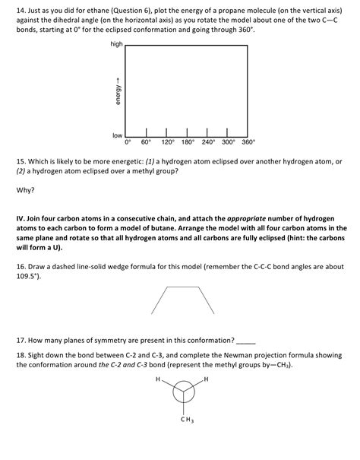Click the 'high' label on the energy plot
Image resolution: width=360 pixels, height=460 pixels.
click(116, 45)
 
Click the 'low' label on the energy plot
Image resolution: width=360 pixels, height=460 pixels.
click(118, 135)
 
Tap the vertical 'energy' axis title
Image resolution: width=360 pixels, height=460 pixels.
click(117, 91)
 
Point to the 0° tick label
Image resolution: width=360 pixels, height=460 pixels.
click(128, 142)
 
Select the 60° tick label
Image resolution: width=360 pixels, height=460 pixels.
click(146, 142)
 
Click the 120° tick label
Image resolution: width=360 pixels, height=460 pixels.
click(168, 142)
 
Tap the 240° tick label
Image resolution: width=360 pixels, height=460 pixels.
click(208, 142)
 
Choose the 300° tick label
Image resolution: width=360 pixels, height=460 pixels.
click(228, 142)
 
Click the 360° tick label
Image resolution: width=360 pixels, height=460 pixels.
click(248, 142)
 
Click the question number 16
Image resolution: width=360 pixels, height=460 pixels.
click(21, 268)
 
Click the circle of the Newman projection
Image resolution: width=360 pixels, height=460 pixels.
click(183, 392)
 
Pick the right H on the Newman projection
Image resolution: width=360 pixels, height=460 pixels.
click(206, 378)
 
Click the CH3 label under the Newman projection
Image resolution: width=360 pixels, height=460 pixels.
click(185, 420)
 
